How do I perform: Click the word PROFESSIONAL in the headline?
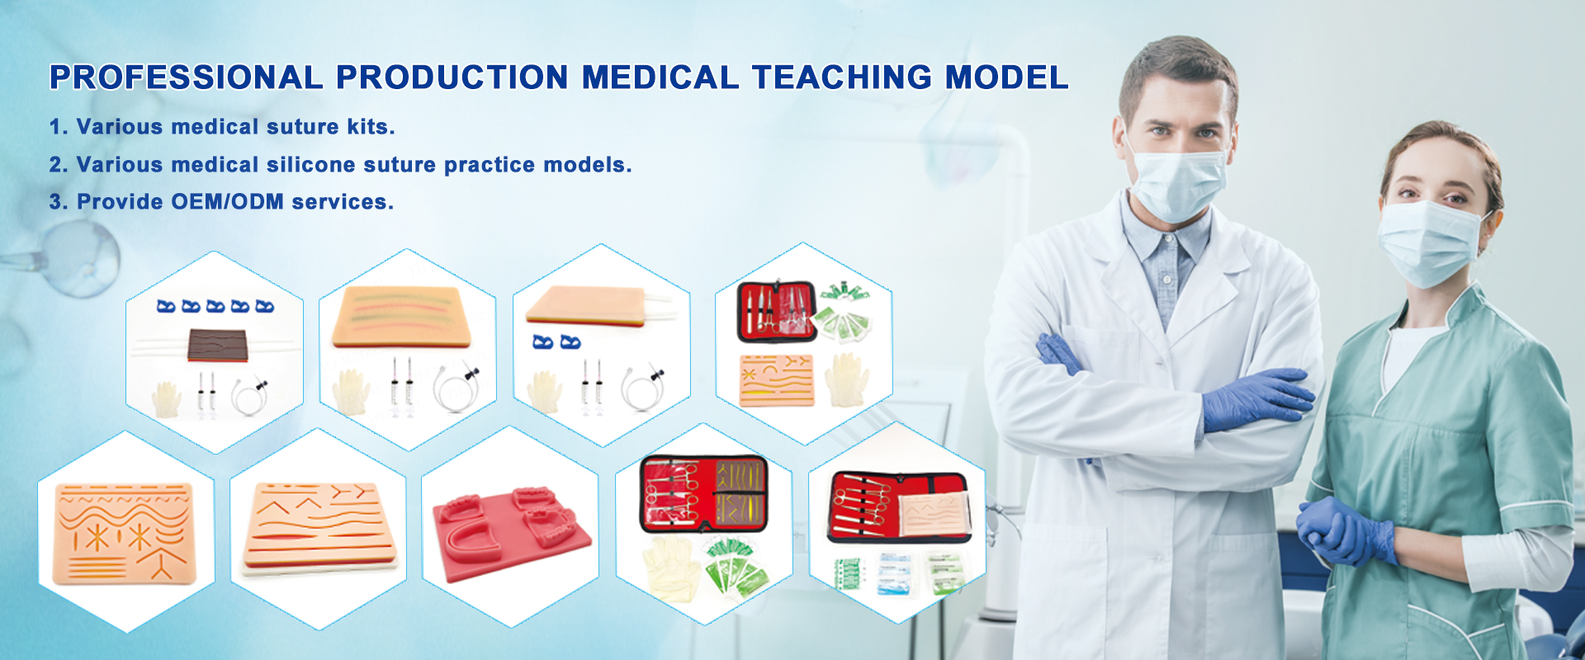(187, 78)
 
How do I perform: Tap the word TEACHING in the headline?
(842, 78)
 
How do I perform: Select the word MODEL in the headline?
(1007, 78)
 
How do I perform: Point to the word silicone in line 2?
(311, 165)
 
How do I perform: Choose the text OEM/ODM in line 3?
(228, 202)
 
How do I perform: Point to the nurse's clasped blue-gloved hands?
(1344, 530)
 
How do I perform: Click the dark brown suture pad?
(218, 345)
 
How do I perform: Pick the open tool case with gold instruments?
(704, 493)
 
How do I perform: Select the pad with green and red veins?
(401, 317)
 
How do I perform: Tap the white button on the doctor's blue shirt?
(1167, 280)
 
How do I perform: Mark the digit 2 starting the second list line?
(55, 165)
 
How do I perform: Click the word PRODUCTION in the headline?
(452, 78)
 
